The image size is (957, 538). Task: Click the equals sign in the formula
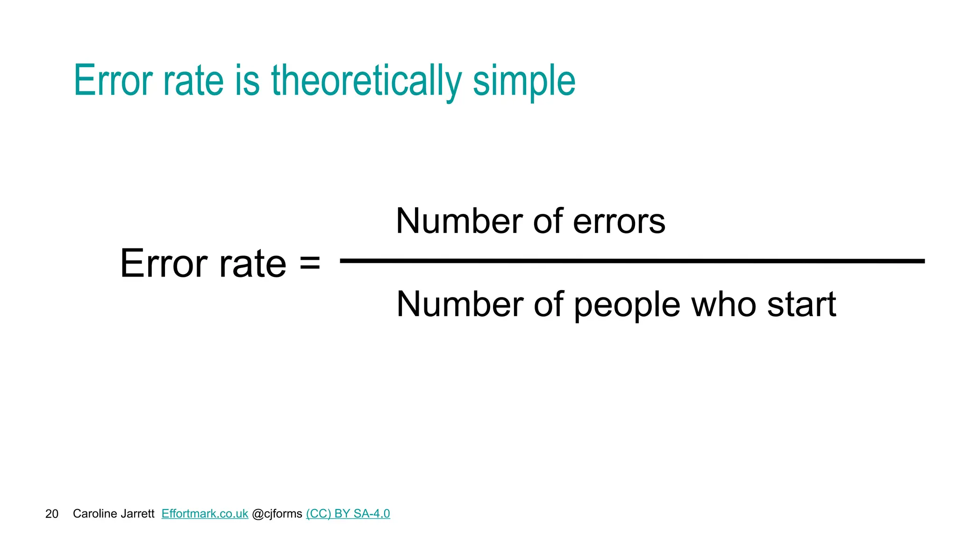coord(310,262)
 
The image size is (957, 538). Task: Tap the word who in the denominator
coord(723,304)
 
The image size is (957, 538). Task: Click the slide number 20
coord(52,514)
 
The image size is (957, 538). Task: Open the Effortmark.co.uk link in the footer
coord(205,514)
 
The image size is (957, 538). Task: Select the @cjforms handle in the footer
coord(277,514)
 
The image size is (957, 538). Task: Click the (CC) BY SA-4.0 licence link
coord(348,514)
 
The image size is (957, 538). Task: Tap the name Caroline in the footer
coord(93,514)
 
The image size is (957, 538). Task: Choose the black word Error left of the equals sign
coord(164,263)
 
